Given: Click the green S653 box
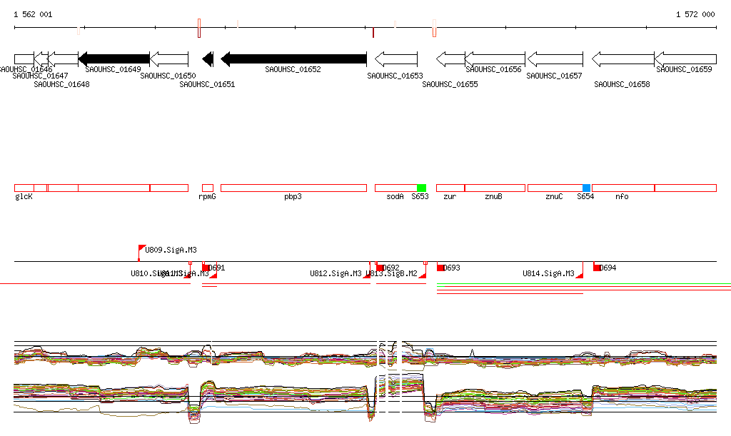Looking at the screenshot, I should [421, 188].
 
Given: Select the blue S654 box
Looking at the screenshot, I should [587, 188].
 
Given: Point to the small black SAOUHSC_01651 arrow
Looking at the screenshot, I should [208, 59].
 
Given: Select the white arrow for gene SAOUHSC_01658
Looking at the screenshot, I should [623, 59].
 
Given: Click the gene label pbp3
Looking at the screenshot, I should [293, 196].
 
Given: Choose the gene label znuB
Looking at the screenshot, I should [493, 196].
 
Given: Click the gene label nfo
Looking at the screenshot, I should [622, 196].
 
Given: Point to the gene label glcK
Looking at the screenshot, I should [24, 196].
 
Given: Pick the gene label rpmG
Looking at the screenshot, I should [207, 196].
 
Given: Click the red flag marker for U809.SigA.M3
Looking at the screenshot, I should [141, 249].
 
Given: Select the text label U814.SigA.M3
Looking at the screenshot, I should [548, 273].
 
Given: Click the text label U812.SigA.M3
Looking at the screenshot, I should [336, 273].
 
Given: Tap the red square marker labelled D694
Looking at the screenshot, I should [597, 268].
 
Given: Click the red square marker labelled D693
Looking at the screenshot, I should [440, 268].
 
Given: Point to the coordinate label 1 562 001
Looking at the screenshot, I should [33, 14].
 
